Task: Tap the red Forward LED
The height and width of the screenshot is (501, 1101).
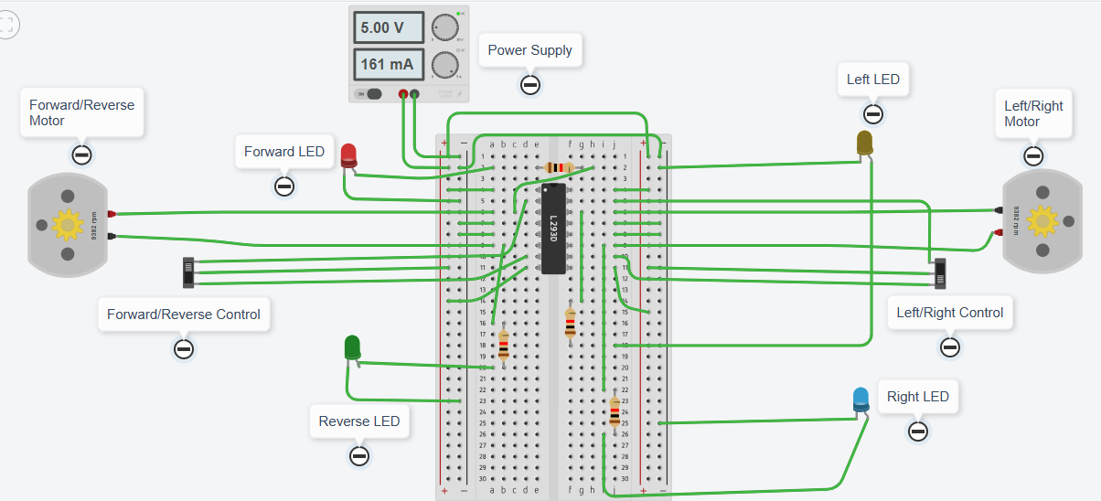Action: (349, 155)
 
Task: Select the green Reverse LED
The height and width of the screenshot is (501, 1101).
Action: (352, 347)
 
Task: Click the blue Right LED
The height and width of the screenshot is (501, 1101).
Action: (861, 399)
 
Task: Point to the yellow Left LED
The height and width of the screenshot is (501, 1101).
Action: (865, 143)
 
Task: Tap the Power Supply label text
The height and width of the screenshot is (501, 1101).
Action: (529, 50)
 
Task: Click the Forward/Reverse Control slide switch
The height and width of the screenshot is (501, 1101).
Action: (189, 271)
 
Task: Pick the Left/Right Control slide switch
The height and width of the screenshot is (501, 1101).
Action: (940, 273)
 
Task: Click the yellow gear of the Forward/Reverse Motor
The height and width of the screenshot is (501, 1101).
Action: (66, 224)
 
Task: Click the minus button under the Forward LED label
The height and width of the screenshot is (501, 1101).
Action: (284, 187)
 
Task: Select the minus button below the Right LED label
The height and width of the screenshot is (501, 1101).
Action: (918, 432)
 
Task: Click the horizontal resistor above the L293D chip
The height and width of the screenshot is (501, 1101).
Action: (558, 167)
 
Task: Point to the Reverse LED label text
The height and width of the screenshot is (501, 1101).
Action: (359, 421)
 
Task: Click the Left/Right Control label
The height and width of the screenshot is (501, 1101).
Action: (949, 313)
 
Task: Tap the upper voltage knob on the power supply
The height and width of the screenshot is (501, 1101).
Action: (445, 28)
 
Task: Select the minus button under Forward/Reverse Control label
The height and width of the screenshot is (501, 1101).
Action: (184, 348)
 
